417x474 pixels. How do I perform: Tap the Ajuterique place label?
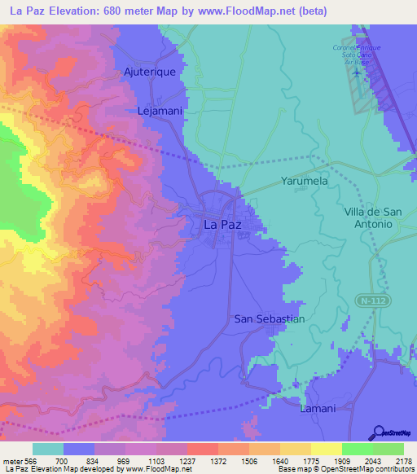(x=150, y=72)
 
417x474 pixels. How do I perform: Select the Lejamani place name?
(x=151, y=108)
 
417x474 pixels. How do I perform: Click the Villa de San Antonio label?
(x=368, y=217)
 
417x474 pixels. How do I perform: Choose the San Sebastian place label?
(x=269, y=318)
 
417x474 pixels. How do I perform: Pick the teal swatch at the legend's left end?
(x=48, y=449)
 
